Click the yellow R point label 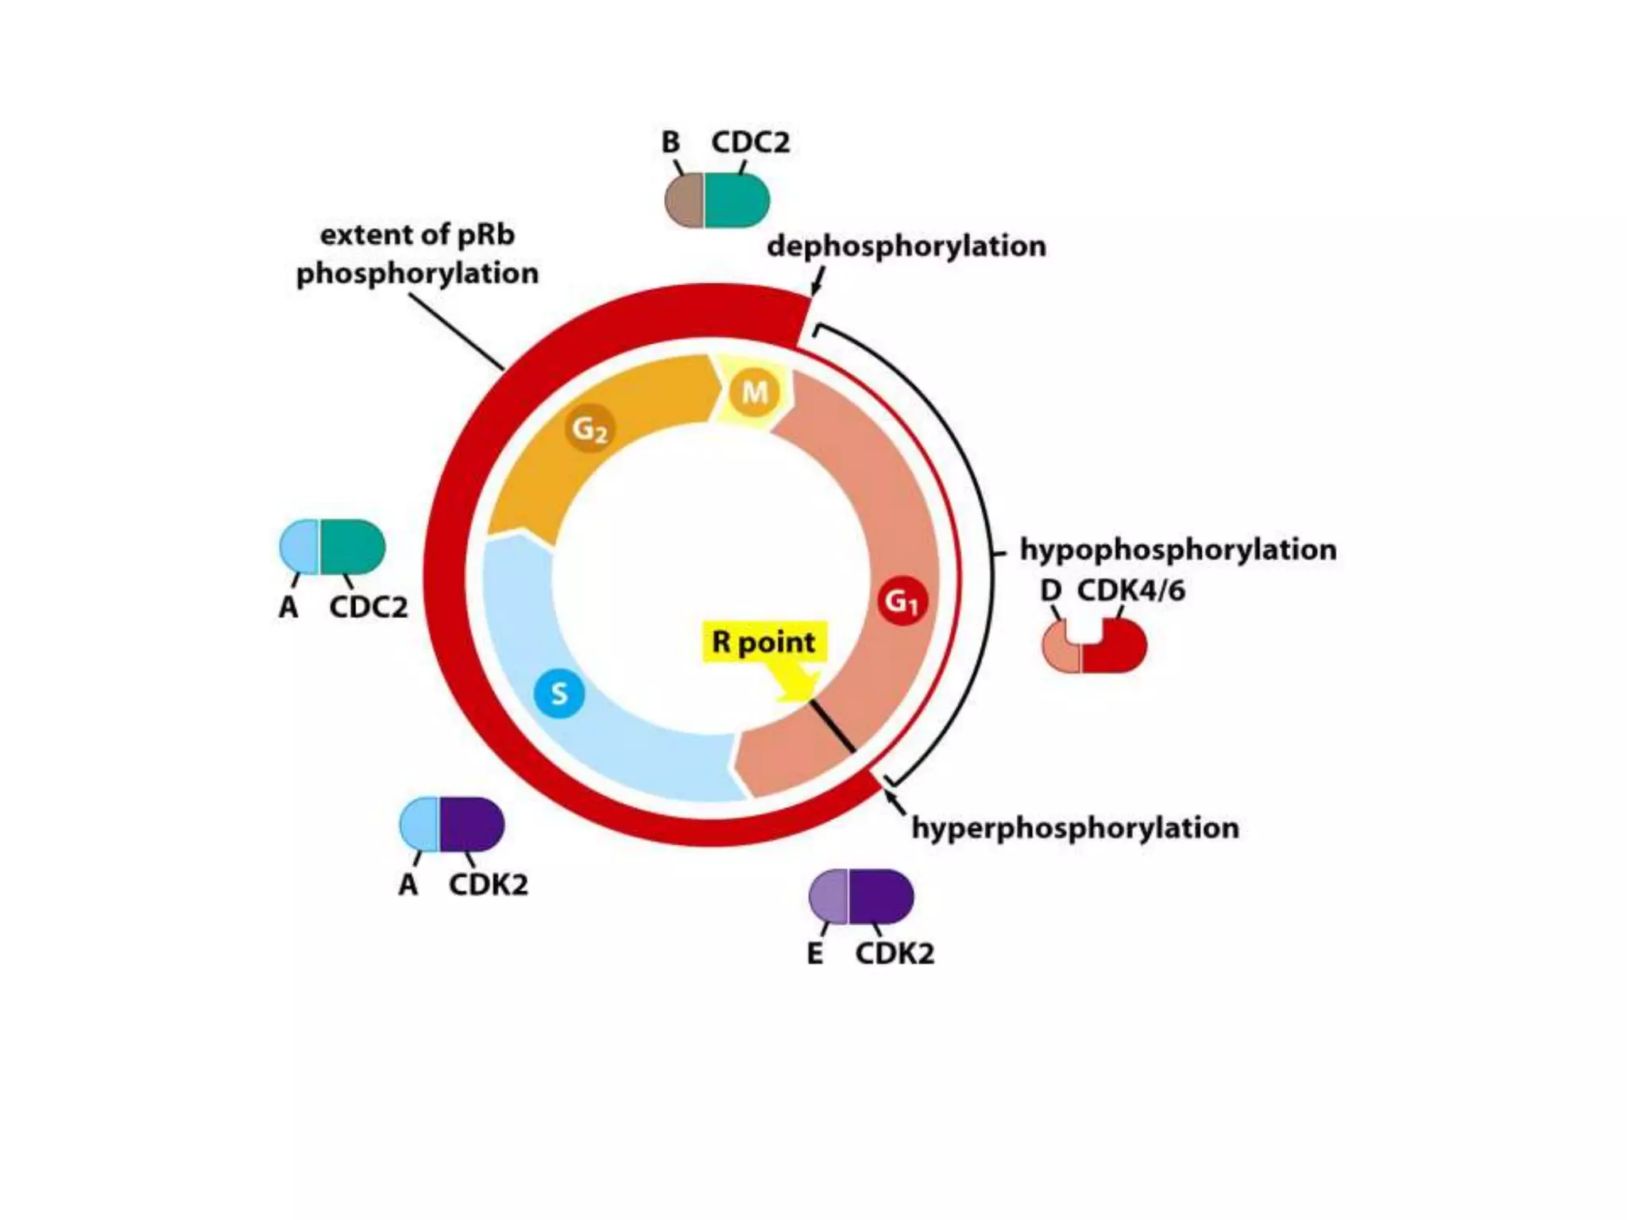[x=764, y=642]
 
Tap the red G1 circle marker [x=902, y=601]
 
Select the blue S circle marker [x=559, y=693]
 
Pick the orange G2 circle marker [x=590, y=429]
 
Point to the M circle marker [x=754, y=392]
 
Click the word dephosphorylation [x=906, y=246]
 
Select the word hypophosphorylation [x=1177, y=550]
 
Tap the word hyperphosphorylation [x=1075, y=828]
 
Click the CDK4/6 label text [x=1130, y=591]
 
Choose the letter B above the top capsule [x=671, y=143]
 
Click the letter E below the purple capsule [x=815, y=954]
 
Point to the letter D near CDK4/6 [x=1050, y=591]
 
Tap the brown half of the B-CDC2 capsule [x=685, y=200]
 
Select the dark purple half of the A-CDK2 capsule [x=471, y=824]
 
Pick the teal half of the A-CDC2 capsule [x=352, y=546]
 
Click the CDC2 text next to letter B [x=750, y=143]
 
